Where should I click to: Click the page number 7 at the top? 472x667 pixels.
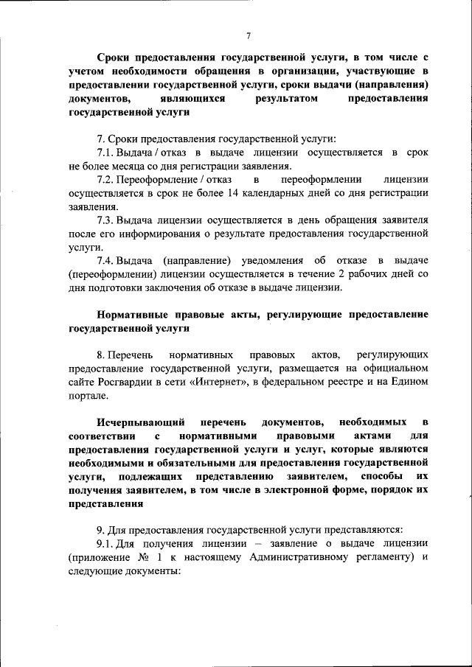coord(249,35)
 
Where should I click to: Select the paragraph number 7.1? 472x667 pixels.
coord(105,153)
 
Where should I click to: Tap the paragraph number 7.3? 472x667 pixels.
coord(105,220)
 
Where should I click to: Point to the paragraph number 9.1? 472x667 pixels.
coord(104,542)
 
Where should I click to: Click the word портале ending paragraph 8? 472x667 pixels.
coord(88,395)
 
